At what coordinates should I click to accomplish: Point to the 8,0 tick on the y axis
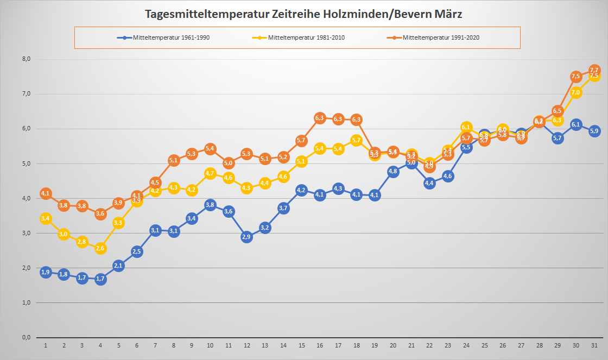26,59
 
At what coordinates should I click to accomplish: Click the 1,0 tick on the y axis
26,302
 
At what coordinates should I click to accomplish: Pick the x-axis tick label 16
320,345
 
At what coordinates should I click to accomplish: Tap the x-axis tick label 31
594,345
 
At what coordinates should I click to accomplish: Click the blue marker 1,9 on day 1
46,272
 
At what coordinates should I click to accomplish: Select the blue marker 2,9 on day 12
246,237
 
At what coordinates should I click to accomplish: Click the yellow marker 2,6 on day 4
100,248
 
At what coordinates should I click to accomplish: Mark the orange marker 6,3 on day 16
320,118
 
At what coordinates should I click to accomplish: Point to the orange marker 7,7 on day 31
594,70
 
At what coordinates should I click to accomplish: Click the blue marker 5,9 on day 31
594,131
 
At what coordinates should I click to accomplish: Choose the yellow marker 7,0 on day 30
576,93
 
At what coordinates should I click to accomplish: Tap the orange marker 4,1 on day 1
46,193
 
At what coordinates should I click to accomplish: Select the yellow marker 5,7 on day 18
356,140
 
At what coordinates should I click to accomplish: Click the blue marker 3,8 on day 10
210,205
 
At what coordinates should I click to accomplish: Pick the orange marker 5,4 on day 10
210,149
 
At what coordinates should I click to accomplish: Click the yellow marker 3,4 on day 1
46,219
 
